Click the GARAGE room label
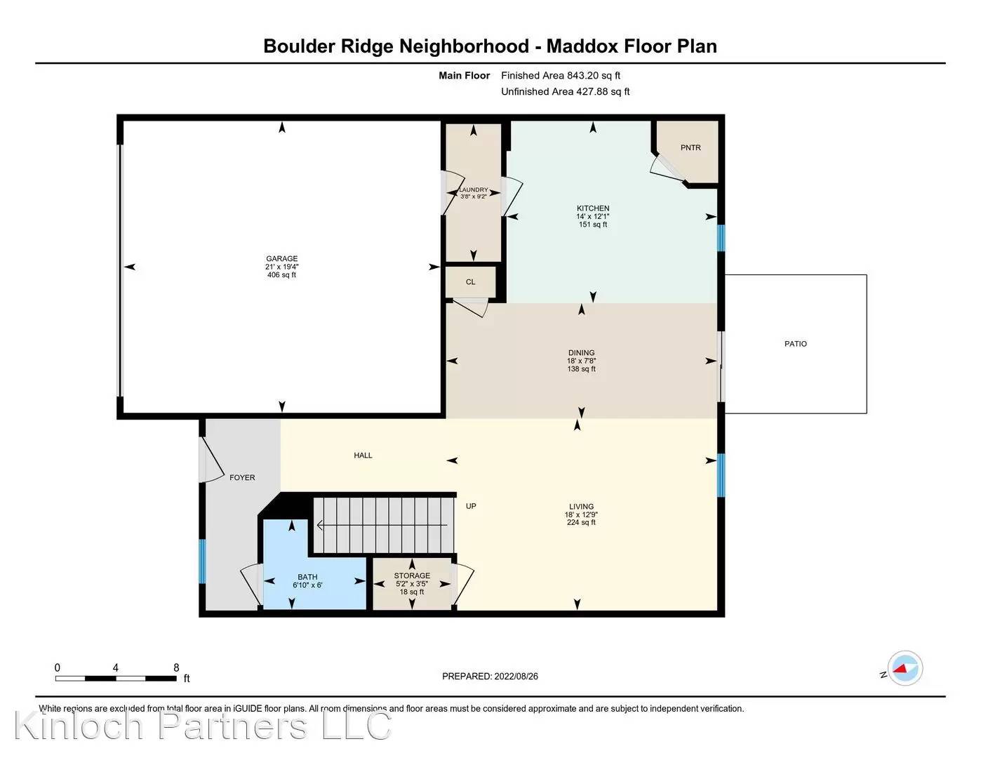pyautogui.click(x=281, y=259)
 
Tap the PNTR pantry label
pyautogui.click(x=690, y=148)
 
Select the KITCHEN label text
pyautogui.click(x=593, y=208)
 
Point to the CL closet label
pyautogui.click(x=470, y=282)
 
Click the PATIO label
pyautogui.click(x=795, y=344)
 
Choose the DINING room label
pyautogui.click(x=581, y=353)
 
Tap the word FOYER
pyautogui.click(x=242, y=478)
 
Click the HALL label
pyautogui.click(x=363, y=456)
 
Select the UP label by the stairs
pyautogui.click(x=471, y=506)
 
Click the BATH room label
pyautogui.click(x=307, y=577)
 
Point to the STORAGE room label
pyautogui.click(x=412, y=576)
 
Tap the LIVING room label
pyautogui.click(x=581, y=507)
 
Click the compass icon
pyautogui.click(x=905, y=668)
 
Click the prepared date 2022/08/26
pyautogui.click(x=516, y=677)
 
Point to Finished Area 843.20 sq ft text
pyautogui.click(x=560, y=76)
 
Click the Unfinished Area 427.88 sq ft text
pyautogui.click(x=565, y=92)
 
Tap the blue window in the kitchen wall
pyautogui.click(x=721, y=238)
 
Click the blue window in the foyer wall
pyautogui.click(x=202, y=561)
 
